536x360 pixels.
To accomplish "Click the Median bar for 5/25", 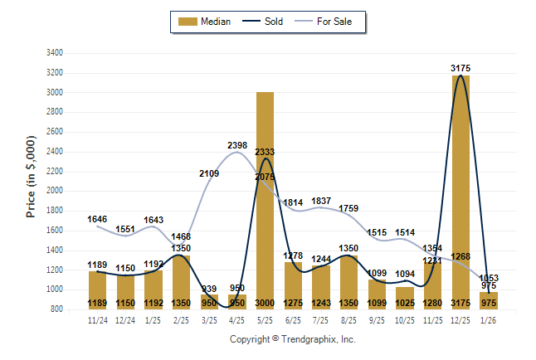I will [266, 199].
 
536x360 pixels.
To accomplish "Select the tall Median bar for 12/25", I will [460, 191].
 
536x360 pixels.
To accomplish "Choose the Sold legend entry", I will [266, 22].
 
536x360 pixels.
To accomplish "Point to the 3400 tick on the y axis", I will [54, 53].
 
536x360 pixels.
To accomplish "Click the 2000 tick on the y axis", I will [54, 191].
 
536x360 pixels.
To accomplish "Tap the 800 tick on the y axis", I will [54, 309].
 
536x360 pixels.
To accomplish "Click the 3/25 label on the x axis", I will [209, 319].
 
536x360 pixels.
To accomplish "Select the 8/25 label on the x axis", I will [349, 319].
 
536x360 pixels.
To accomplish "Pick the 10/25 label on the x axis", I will [405, 319].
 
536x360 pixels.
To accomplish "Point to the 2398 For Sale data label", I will [237, 146].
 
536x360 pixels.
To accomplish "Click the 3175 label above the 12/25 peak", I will [461, 67].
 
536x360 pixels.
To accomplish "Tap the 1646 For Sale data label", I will [98, 220].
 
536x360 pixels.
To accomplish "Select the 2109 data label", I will [209, 173].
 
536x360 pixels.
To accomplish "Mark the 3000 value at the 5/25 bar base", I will [266, 304].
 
